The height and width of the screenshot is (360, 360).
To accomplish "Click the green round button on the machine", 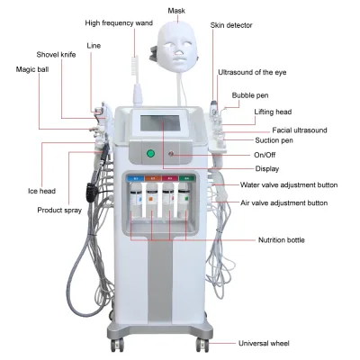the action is tap(150, 154).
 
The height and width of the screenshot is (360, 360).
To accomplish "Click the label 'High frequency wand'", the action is tap(119, 23).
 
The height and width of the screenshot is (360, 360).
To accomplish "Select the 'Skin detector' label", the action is tap(231, 25).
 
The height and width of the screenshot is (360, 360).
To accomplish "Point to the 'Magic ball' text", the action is tap(32, 69).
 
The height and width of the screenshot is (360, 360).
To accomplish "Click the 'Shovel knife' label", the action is tap(56, 55).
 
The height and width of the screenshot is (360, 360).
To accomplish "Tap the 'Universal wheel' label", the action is tap(264, 343).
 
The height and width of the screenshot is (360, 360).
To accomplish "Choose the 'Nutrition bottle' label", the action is tap(282, 240).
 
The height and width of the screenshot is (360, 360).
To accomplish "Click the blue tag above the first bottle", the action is tap(136, 178).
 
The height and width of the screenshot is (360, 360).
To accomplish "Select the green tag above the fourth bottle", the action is tap(186, 178).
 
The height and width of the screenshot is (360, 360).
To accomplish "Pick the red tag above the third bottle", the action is tap(170, 178).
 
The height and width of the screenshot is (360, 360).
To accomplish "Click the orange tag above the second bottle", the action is tap(153, 178).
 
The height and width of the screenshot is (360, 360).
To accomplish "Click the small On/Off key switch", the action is tap(172, 154).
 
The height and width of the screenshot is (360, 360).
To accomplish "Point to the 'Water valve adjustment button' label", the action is tap(289, 184).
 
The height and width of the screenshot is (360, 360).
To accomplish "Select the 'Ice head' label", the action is tap(41, 191).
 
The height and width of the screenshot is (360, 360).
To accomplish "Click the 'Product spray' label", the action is tap(59, 210).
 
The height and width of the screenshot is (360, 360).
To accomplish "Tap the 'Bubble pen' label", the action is tap(250, 95).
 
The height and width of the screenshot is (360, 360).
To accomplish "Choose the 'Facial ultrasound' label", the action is tap(300, 130).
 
